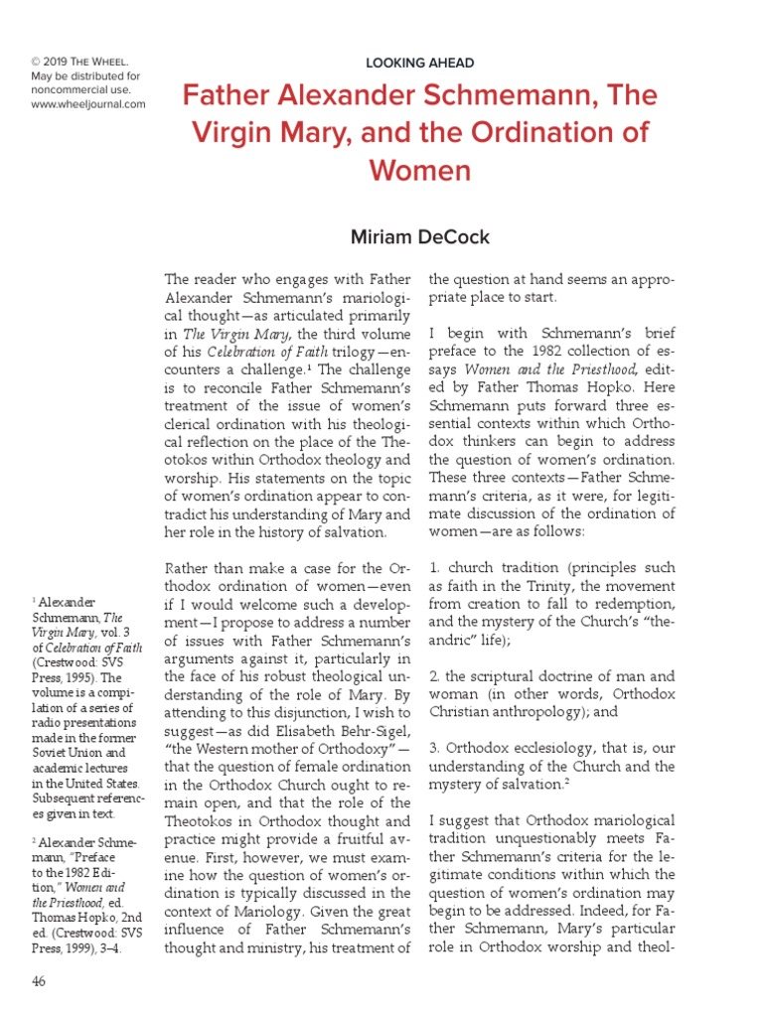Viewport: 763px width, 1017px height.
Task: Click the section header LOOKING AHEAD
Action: [420, 63]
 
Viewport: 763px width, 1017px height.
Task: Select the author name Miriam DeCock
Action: [419, 237]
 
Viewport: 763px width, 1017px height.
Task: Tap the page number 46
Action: [39, 981]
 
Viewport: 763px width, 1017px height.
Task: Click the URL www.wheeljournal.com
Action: [88, 104]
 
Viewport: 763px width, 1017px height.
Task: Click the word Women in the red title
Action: [419, 170]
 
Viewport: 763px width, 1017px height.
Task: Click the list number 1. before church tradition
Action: [435, 568]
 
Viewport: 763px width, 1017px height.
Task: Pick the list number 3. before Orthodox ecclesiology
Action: [436, 747]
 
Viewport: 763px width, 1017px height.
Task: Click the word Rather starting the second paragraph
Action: [189, 568]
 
